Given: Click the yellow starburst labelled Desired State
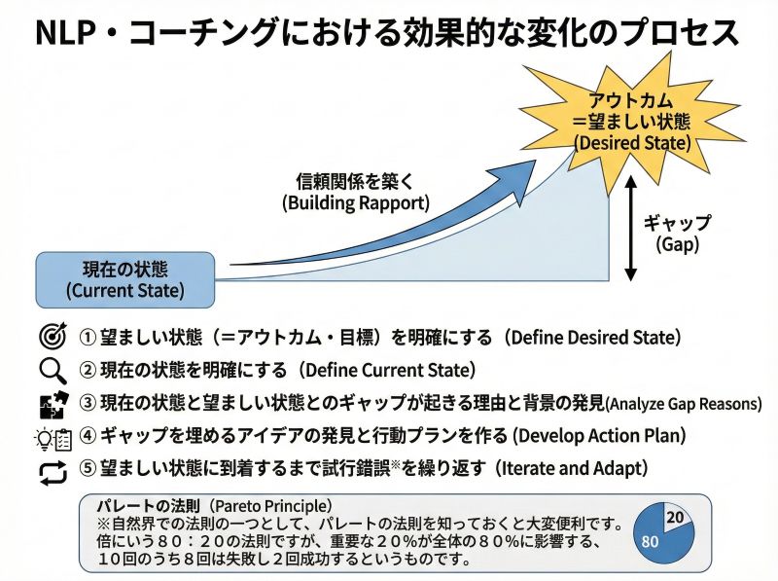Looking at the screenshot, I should [632, 121].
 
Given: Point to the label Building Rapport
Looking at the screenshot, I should [354, 203].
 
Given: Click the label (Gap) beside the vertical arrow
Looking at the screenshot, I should [677, 244].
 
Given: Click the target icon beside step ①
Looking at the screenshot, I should [50, 338].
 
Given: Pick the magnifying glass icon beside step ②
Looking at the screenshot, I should [50, 371].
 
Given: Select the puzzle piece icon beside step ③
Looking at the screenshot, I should [50, 404].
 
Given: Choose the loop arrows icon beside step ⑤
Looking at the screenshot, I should [51, 471].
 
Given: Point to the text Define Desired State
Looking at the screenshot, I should [594, 338].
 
